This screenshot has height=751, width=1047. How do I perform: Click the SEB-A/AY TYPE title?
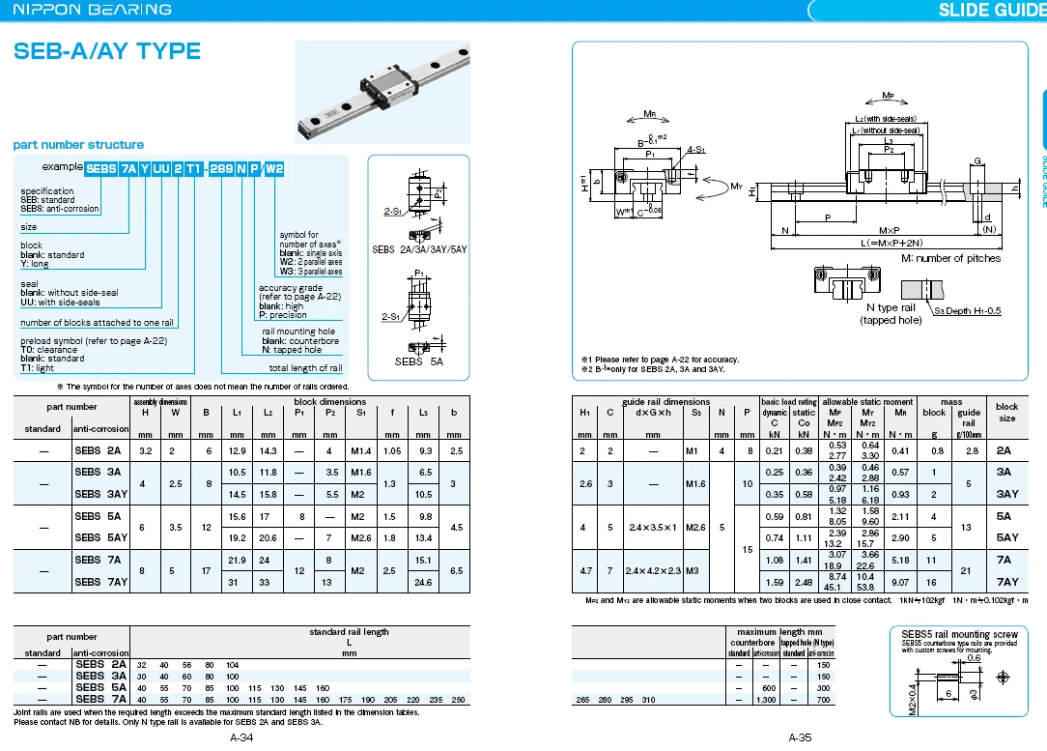pos(107,51)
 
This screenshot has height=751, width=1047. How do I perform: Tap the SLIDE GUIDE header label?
pos(991,10)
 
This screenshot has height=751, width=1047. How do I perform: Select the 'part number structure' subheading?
pos(78,144)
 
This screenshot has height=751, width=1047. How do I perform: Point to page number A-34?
pos(241,738)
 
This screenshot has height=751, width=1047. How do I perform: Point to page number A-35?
pos(800,738)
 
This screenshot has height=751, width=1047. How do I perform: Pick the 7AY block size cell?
pos(1007,582)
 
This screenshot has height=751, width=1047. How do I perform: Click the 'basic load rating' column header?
pos(788,402)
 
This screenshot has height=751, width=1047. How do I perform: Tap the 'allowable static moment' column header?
pos(867,402)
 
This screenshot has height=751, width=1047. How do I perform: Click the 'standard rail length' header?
pos(349,632)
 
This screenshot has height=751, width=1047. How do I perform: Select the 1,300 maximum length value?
pos(766,699)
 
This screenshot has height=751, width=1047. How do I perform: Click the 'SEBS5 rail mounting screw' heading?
pos(959,634)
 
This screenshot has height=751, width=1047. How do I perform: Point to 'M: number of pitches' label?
pos(950,258)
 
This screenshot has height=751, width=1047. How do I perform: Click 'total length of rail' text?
pos(305,368)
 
